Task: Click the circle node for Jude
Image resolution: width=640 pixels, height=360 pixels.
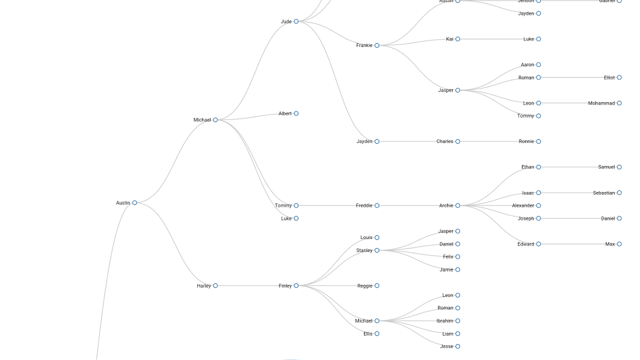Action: coord(296,21)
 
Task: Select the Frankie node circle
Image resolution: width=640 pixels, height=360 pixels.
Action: coord(377,45)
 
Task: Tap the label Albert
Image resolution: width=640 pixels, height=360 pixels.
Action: coord(285,113)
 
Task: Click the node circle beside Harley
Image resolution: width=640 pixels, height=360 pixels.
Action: coord(215,285)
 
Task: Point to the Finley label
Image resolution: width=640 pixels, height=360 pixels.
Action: coord(285,286)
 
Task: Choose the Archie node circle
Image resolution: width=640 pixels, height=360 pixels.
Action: coord(457,205)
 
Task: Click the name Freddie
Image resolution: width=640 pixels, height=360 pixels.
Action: coord(364,205)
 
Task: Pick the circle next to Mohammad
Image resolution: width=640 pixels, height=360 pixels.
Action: coord(619,103)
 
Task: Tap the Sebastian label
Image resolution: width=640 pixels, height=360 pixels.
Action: coord(603,193)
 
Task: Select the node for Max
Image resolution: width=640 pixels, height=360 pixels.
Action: coord(619,244)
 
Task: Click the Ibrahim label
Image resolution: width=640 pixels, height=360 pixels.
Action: coord(444,321)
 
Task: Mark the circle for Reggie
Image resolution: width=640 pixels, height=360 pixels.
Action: coord(377,285)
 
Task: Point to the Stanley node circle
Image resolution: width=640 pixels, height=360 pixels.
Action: coord(377,250)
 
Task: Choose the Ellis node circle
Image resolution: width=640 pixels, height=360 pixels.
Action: coord(377,333)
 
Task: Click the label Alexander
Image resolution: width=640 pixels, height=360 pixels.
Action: coord(523,205)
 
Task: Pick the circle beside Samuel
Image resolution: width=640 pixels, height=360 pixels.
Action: coord(619,167)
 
